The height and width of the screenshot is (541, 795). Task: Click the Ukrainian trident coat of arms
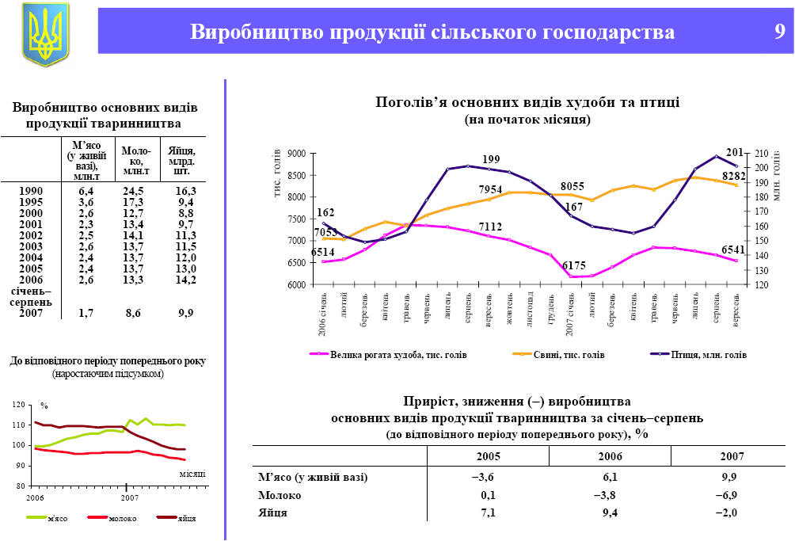pyautogui.click(x=45, y=33)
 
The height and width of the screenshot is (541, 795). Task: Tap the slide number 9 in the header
pyautogui.click(x=779, y=32)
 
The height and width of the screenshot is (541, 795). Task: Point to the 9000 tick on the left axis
pyautogui.click(x=297, y=153)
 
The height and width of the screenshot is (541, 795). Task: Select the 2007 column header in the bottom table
pyautogui.click(x=732, y=457)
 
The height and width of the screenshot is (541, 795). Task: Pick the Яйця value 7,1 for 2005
pyautogui.click(x=488, y=513)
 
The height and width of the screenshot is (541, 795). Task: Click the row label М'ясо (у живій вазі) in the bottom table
pyautogui.click(x=314, y=477)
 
